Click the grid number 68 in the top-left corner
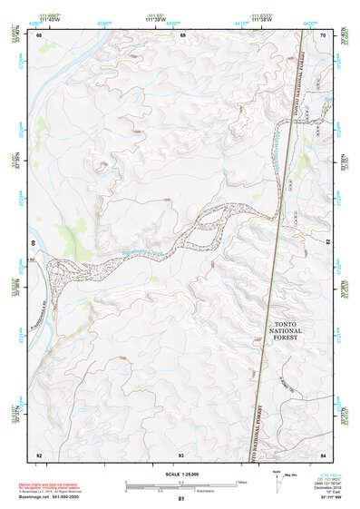click(x=39, y=35)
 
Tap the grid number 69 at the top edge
click(x=182, y=35)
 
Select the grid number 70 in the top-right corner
click(x=324, y=35)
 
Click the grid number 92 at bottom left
click(x=39, y=454)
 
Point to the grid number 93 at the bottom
click(x=181, y=454)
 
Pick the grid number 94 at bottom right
click(x=324, y=454)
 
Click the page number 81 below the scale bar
click(x=181, y=499)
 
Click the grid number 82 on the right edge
click(x=329, y=243)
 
